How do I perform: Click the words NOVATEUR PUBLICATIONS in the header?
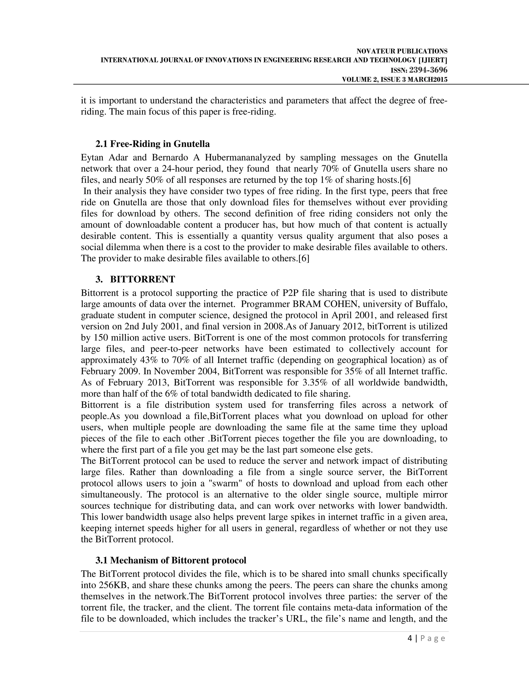tap(402, 51)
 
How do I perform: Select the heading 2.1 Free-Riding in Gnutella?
tap(153, 144)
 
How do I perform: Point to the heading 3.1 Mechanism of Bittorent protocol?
tap(171, 560)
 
